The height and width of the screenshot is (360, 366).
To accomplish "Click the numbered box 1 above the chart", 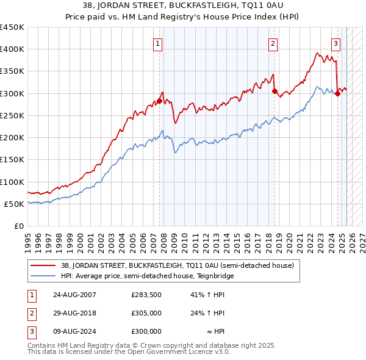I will click(158, 43).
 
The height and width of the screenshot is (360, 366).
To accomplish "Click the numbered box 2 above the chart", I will click(272, 43).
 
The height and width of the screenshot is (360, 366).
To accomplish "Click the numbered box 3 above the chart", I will click(335, 43).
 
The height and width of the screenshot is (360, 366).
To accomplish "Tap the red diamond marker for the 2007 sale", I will click(160, 101).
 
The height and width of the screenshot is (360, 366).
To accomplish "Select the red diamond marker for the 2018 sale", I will click(274, 92).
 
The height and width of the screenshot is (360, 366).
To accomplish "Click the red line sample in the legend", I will click(43, 266).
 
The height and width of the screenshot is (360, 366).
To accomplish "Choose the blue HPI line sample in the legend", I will click(43, 276).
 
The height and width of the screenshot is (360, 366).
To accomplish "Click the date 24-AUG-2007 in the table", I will click(74, 295).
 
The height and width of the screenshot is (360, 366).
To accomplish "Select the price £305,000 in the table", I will click(146, 313).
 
